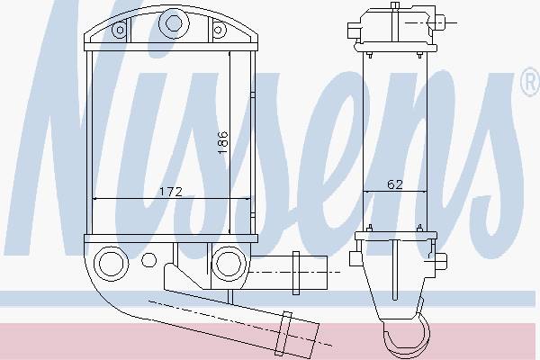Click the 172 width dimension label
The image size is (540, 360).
[x=171, y=192]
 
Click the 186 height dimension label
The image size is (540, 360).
[x=223, y=142]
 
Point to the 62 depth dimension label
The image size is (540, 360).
[x=395, y=184]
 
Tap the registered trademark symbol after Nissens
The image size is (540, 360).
[x=531, y=82]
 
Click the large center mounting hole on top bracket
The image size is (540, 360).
[x=174, y=23]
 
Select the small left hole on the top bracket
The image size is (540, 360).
[x=120, y=30]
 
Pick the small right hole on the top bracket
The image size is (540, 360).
[x=218, y=30]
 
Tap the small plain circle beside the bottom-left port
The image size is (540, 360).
[x=148, y=260]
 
